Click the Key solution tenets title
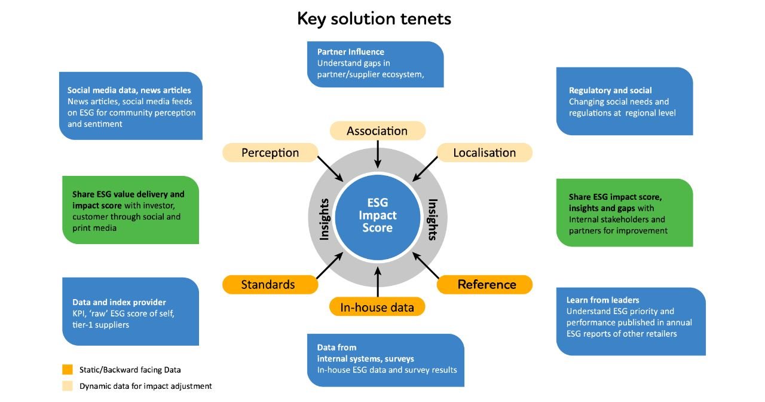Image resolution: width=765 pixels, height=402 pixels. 374,19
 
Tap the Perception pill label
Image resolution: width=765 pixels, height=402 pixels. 270,153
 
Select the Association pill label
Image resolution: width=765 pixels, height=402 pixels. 377,130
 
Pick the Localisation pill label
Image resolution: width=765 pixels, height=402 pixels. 484,153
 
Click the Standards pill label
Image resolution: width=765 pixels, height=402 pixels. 268,284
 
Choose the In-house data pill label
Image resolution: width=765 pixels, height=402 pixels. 377,307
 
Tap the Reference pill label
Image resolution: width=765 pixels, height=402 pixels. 486,284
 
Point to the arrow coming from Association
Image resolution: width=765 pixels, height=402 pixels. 377,154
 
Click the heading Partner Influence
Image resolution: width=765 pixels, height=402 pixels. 351,52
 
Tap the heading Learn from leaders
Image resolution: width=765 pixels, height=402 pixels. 603,300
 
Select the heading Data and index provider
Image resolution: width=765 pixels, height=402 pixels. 119,302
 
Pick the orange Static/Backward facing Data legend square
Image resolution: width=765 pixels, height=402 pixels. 68,370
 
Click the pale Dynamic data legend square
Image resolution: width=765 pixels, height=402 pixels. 68,386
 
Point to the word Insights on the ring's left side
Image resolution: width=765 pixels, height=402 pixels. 325,219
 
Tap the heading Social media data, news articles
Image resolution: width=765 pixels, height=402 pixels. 129,90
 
